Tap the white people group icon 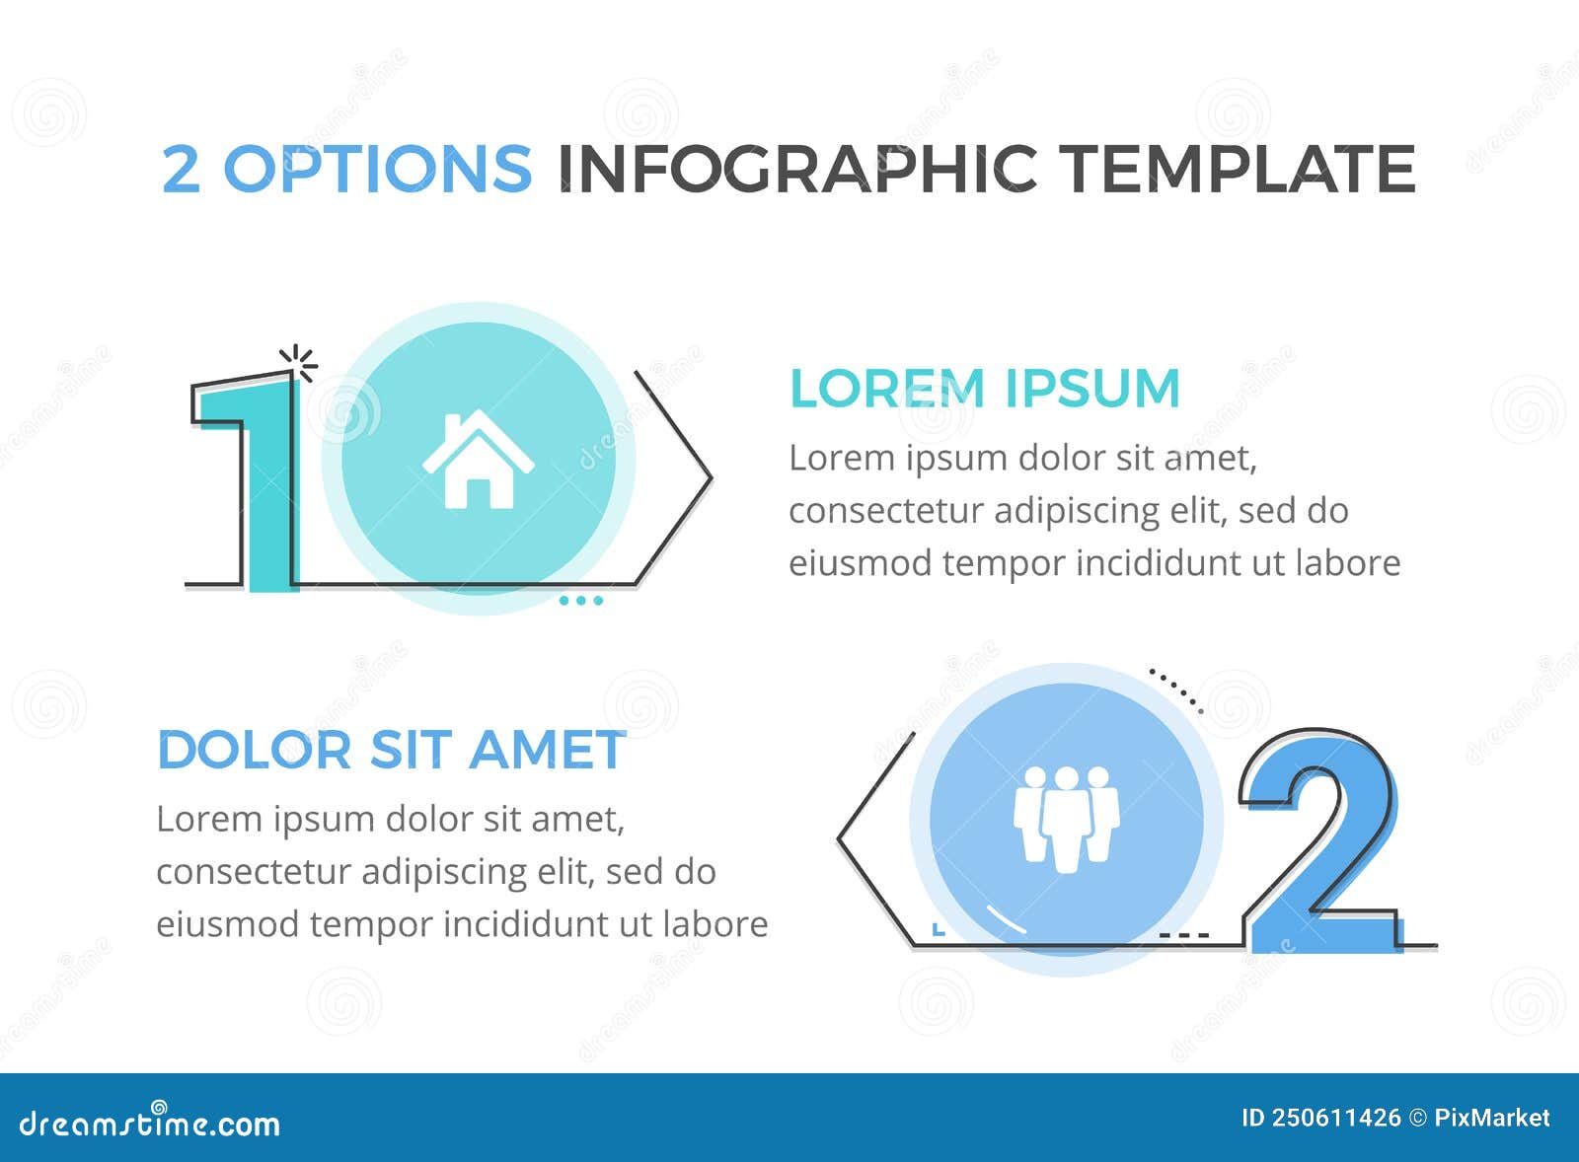point(1066,819)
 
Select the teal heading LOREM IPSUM point(985,388)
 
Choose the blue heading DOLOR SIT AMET point(392,750)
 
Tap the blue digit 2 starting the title point(181,168)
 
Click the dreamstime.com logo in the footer point(150,1123)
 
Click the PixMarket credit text point(1491,1118)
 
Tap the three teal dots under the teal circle point(581,600)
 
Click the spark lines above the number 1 point(299,362)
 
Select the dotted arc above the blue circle point(1176,690)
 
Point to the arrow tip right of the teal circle point(709,478)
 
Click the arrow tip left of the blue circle point(841,838)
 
